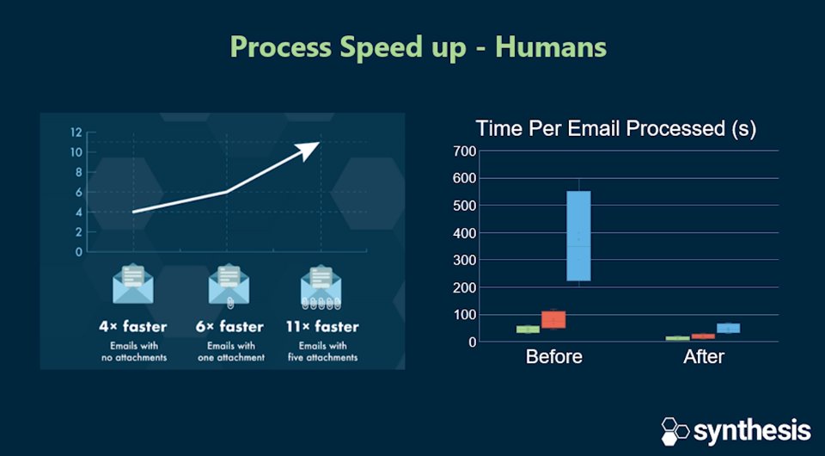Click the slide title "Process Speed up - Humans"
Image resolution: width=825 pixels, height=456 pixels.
(418, 46)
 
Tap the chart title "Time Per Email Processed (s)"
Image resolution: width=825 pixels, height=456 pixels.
(616, 129)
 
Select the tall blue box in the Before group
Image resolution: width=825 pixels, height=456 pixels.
(578, 236)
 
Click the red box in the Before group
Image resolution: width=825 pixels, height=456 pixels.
(553, 319)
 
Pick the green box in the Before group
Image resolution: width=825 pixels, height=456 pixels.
(528, 329)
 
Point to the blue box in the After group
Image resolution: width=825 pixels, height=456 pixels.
(728, 328)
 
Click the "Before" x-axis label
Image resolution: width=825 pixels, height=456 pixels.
(553, 356)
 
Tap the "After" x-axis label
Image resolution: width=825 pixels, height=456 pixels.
(703, 356)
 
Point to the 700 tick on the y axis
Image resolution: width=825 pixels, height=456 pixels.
(463, 151)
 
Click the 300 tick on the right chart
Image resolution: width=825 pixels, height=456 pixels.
(463, 260)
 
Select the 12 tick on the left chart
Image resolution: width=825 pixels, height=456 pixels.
(76, 132)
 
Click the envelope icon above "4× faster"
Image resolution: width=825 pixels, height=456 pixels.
(132, 285)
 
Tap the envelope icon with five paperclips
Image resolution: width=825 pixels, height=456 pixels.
(321, 287)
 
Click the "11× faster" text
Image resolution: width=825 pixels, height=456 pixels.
(322, 327)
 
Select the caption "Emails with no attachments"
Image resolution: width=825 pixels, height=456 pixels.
(132, 351)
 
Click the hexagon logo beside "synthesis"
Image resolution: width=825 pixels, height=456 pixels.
(675, 430)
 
